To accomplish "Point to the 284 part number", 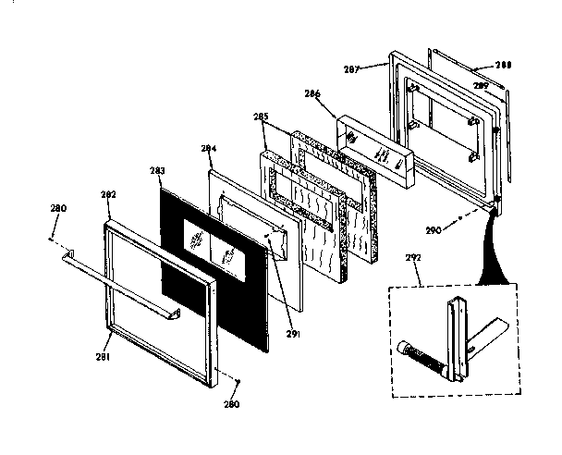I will click(x=208, y=148).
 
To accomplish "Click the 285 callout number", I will click(x=261, y=117).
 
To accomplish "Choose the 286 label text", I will click(x=312, y=93).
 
